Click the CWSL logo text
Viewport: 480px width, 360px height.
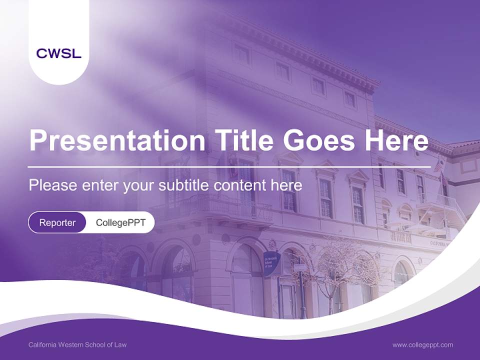(58, 53)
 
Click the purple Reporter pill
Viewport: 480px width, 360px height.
(57, 222)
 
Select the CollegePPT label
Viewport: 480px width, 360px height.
(120, 222)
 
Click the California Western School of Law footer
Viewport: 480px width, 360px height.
(77, 344)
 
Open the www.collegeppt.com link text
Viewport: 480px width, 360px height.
(422, 344)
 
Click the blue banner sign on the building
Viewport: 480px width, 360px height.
(271, 263)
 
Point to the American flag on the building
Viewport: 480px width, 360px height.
(439, 165)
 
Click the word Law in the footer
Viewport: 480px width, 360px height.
(120, 344)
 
